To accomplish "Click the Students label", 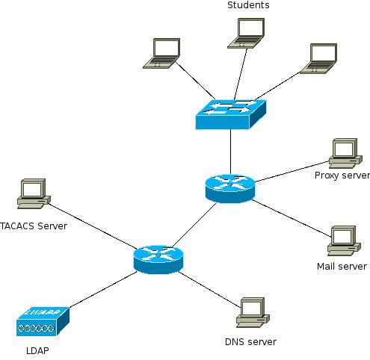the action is pos(248,5).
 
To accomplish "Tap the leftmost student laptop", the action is pos(161,53).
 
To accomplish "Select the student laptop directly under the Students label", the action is pos(246,33).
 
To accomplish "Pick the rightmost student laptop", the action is pos(318,59).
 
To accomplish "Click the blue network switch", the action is pos(231,114).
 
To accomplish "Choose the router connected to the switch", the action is pos(230,188).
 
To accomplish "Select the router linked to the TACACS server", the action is pos(158,260).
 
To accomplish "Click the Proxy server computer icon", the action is pos(345,153).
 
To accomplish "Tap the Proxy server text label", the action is pos(342,176).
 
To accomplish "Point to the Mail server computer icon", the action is pos(344,240).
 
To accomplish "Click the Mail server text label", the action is pos(342,266).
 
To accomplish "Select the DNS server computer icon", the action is pos(253,312).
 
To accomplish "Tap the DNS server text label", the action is pos(250,342).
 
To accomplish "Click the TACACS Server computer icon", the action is pos(34,193).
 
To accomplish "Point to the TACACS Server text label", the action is pos(34,226).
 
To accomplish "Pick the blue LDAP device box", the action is pos(43,321).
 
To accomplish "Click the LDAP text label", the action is pos(37,350).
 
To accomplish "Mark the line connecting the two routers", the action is pos(194,226).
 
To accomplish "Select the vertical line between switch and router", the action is pos(230,152).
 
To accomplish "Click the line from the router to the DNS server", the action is pos(209,289).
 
